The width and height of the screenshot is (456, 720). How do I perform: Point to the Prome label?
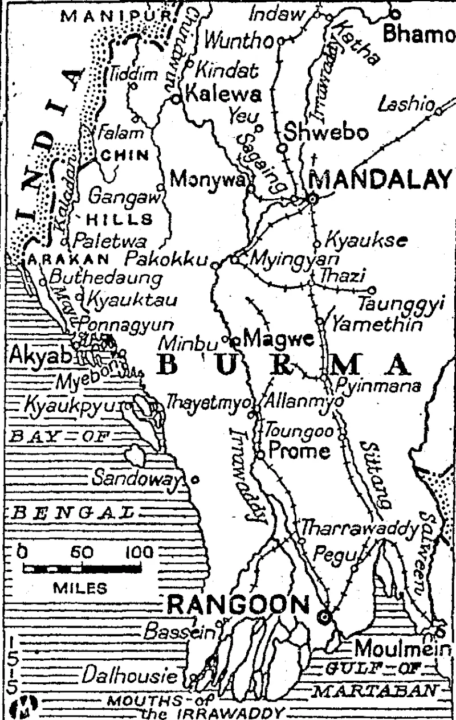[299, 452]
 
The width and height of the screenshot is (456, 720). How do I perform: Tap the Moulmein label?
[402, 649]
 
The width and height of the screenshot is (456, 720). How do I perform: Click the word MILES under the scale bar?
[80, 588]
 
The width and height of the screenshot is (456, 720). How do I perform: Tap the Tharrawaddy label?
[360, 529]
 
